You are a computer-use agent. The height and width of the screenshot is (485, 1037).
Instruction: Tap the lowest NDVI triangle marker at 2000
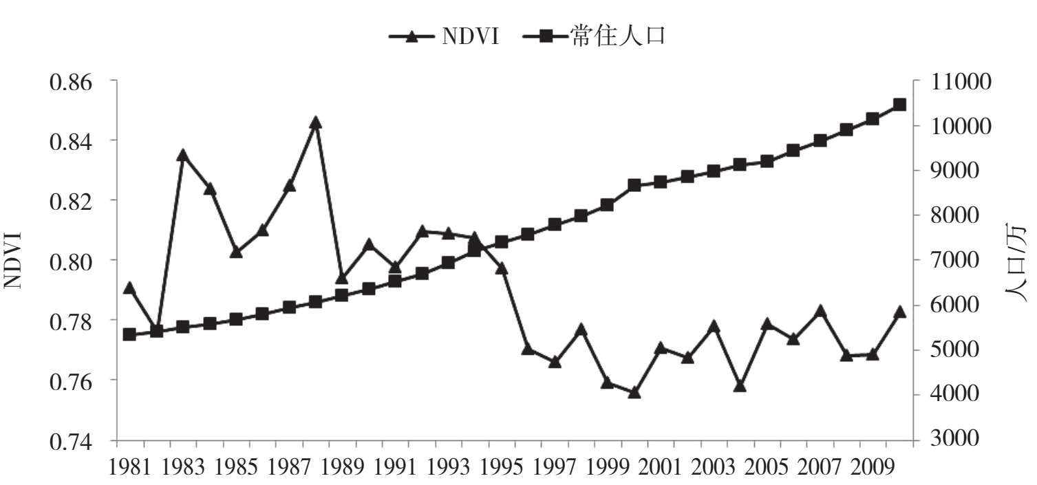[x=634, y=393]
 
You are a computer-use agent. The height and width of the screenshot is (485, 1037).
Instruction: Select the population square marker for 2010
[x=899, y=105]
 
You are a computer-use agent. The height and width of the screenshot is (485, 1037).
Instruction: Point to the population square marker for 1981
[x=129, y=334]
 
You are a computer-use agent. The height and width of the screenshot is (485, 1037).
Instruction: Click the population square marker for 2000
[x=634, y=185]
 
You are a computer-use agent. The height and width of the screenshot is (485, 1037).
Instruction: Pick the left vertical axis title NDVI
[x=15, y=261]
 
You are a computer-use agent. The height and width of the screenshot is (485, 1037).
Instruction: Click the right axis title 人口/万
[x=1017, y=261]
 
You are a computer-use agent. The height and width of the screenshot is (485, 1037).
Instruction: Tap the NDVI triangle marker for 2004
[x=740, y=386]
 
